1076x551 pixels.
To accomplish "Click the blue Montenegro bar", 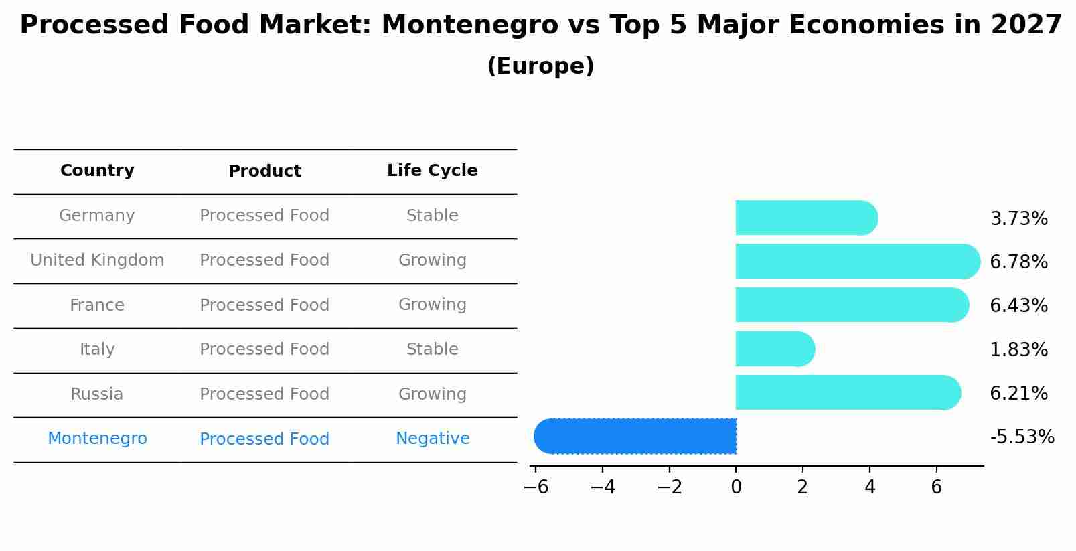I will (x=635, y=436).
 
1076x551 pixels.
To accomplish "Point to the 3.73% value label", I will (x=1018, y=219).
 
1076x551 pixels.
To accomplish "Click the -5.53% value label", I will (x=1022, y=437).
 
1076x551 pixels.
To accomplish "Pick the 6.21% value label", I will (x=1018, y=393).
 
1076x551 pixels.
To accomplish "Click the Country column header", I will (x=97, y=171).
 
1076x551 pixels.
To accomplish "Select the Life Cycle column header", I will (x=432, y=171).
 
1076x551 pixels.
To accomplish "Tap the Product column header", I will (x=264, y=171).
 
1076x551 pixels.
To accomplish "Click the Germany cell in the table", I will (x=97, y=216).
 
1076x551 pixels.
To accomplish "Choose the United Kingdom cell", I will (x=97, y=260).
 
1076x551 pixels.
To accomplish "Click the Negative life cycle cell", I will (x=433, y=439).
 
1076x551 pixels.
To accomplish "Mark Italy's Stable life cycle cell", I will (x=432, y=349).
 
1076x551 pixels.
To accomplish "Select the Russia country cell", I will (x=97, y=394).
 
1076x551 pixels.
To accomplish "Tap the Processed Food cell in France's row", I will (x=264, y=305).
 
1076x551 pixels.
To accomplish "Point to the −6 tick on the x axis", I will (x=536, y=487).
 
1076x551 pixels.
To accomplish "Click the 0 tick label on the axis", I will (x=736, y=487).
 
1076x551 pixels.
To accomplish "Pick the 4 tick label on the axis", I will (x=870, y=487).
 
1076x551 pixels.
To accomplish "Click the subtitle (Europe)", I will (x=540, y=66).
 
